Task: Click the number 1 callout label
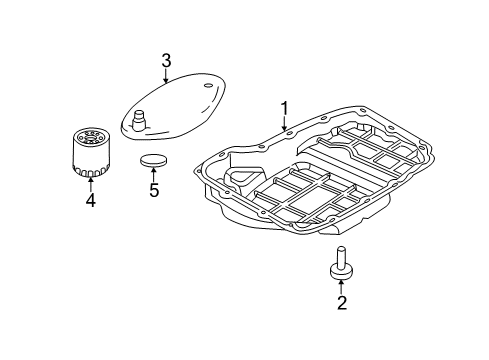(283, 108)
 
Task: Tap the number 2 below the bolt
(341, 301)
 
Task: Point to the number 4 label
(90, 200)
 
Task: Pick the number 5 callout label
(154, 189)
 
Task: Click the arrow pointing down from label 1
(283, 123)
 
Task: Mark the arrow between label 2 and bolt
(341, 284)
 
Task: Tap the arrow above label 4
(90, 182)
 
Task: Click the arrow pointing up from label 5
(154, 173)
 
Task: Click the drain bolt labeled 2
(341, 261)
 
